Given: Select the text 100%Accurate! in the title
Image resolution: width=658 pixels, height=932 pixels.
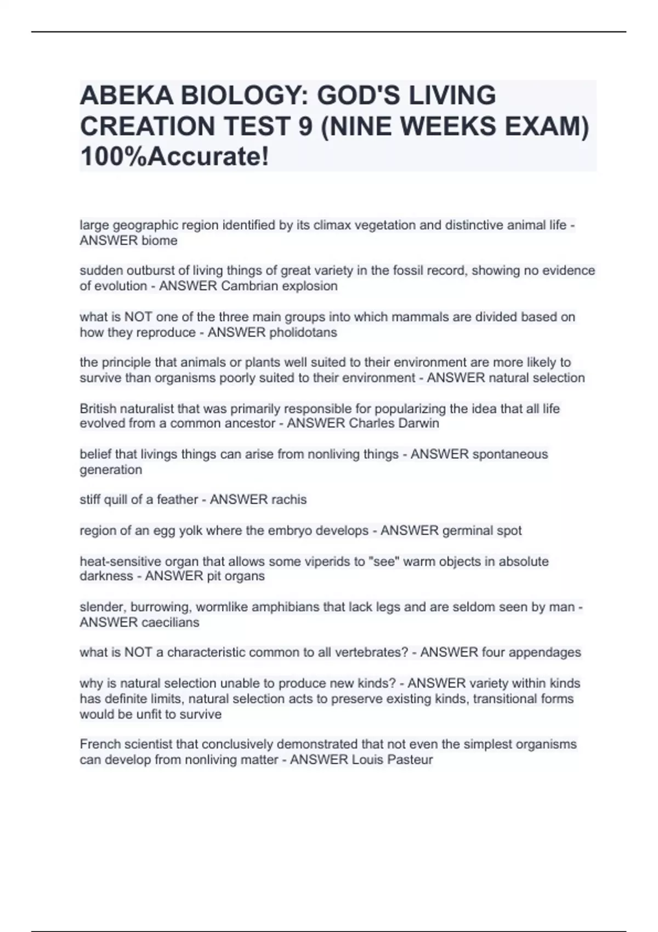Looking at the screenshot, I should (x=175, y=157).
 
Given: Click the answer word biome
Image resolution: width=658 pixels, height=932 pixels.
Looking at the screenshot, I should (x=160, y=241).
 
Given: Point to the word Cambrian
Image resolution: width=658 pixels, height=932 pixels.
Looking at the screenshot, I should (x=246, y=286).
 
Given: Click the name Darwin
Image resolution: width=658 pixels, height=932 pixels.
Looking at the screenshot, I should (x=419, y=424).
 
